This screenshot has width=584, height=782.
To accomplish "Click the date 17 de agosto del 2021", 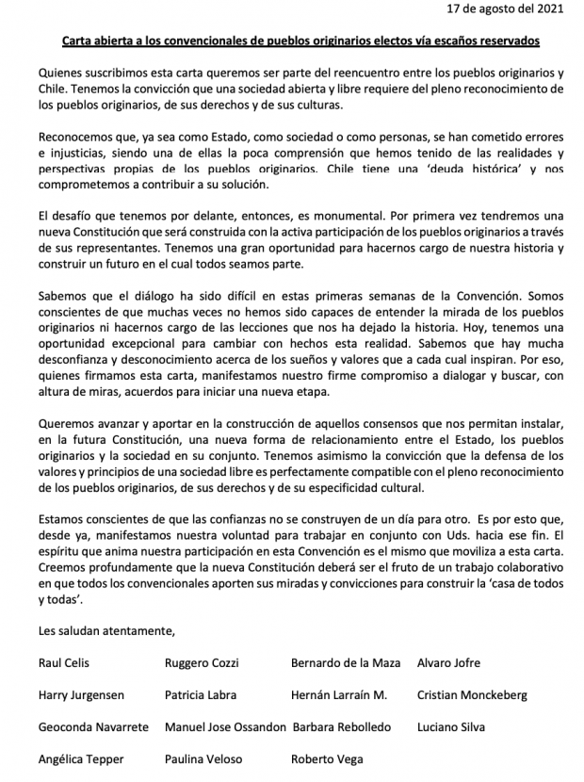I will point(518,10).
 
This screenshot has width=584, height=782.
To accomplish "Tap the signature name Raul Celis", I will point(64,662).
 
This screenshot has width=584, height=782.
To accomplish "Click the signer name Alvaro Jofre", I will point(448,662).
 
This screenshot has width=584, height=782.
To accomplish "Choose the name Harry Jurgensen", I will point(81,695).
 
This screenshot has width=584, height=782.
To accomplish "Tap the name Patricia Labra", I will point(200,695).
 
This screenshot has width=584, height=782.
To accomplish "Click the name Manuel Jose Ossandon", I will point(224,727).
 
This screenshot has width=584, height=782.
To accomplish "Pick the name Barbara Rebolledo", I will point(341,727).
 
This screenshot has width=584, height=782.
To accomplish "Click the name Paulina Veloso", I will point(203,758).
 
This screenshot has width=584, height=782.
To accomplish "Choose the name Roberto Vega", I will point(327,758).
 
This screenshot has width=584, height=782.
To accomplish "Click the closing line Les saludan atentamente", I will point(106,630).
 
